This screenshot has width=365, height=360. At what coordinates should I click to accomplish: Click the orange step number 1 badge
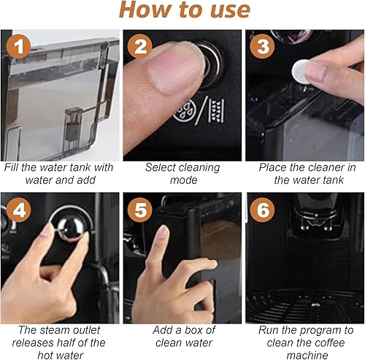pyautogui.click(x=19, y=46)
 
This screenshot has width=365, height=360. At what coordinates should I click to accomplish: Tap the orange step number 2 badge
pyautogui.click(x=140, y=46)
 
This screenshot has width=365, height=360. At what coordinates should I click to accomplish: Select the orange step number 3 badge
pyautogui.click(x=262, y=46)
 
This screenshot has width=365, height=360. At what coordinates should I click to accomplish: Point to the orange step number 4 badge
pyautogui.click(x=19, y=210)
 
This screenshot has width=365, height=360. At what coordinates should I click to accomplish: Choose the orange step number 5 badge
pyautogui.click(x=140, y=210)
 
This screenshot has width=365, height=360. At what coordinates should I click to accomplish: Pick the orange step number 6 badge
pyautogui.click(x=262, y=210)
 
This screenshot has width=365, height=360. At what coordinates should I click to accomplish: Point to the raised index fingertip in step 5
pyautogui.click(x=163, y=231)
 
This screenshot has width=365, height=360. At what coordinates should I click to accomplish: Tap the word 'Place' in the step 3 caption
pyautogui.click(x=272, y=167)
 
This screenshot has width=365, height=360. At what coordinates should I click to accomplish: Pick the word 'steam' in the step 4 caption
pyautogui.click(x=54, y=330)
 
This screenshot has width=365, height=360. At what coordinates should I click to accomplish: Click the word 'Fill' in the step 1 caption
pyautogui.click(x=12, y=167)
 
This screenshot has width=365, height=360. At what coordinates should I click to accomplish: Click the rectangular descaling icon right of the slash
pyautogui.click(x=216, y=111)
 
